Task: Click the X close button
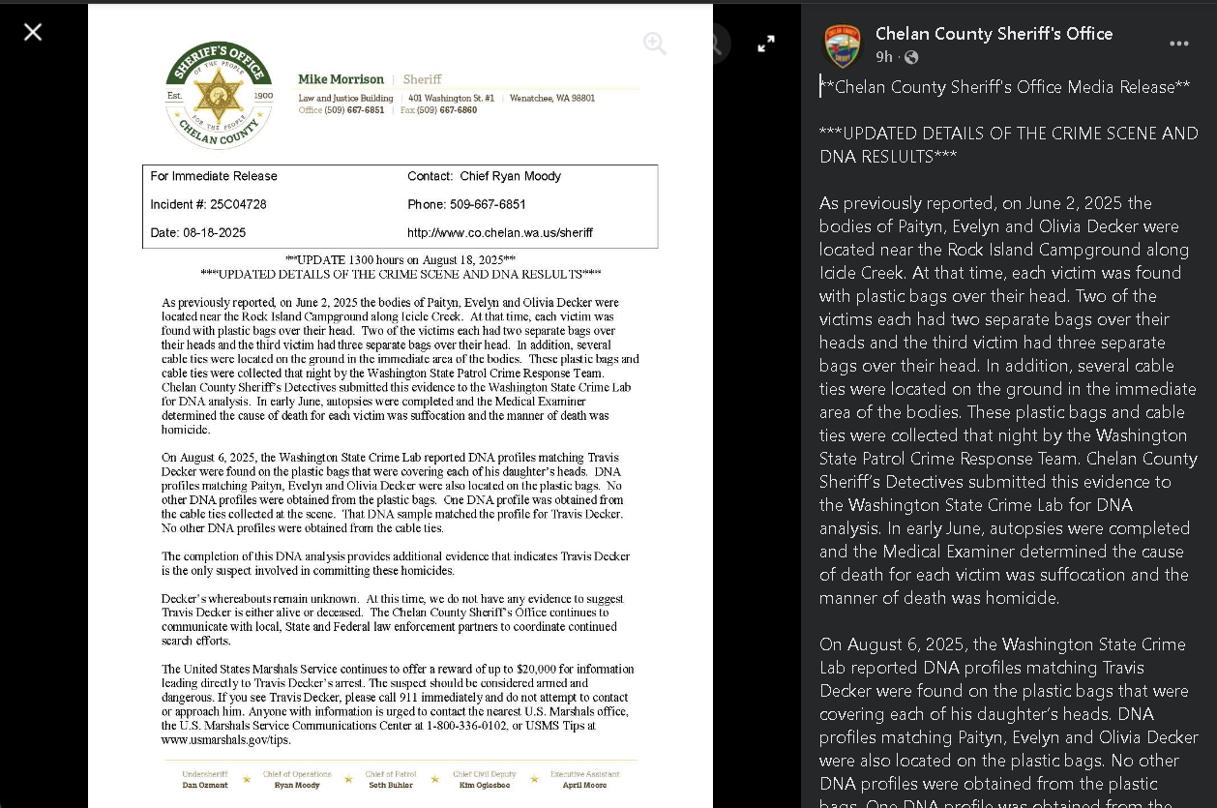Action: click(33, 32)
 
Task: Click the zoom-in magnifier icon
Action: click(655, 43)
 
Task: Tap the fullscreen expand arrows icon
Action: click(766, 44)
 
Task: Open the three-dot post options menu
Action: click(1178, 44)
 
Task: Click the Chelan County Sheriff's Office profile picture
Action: click(842, 45)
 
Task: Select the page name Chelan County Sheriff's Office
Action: click(994, 34)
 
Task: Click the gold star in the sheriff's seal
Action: click(219, 95)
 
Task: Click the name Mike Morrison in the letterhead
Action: click(341, 79)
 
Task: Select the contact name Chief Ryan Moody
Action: click(510, 176)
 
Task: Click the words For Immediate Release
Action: click(214, 176)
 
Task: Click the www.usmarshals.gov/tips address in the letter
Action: click(225, 740)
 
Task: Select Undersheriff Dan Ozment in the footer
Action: click(205, 780)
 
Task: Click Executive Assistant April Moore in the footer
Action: click(585, 780)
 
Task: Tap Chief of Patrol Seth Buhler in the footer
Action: click(389, 780)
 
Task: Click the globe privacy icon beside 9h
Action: click(910, 57)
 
